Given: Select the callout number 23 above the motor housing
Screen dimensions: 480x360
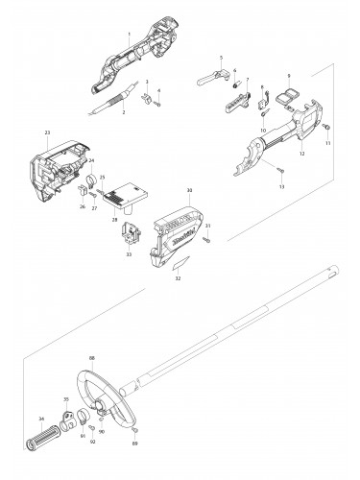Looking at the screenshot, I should (46, 132).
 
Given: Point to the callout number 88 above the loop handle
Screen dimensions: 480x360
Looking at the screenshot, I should (91, 358).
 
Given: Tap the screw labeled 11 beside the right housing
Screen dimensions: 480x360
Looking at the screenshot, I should (325, 128).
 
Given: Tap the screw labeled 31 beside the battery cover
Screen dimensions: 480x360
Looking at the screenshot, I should (204, 236).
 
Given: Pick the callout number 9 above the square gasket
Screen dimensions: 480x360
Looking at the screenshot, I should (289, 75).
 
